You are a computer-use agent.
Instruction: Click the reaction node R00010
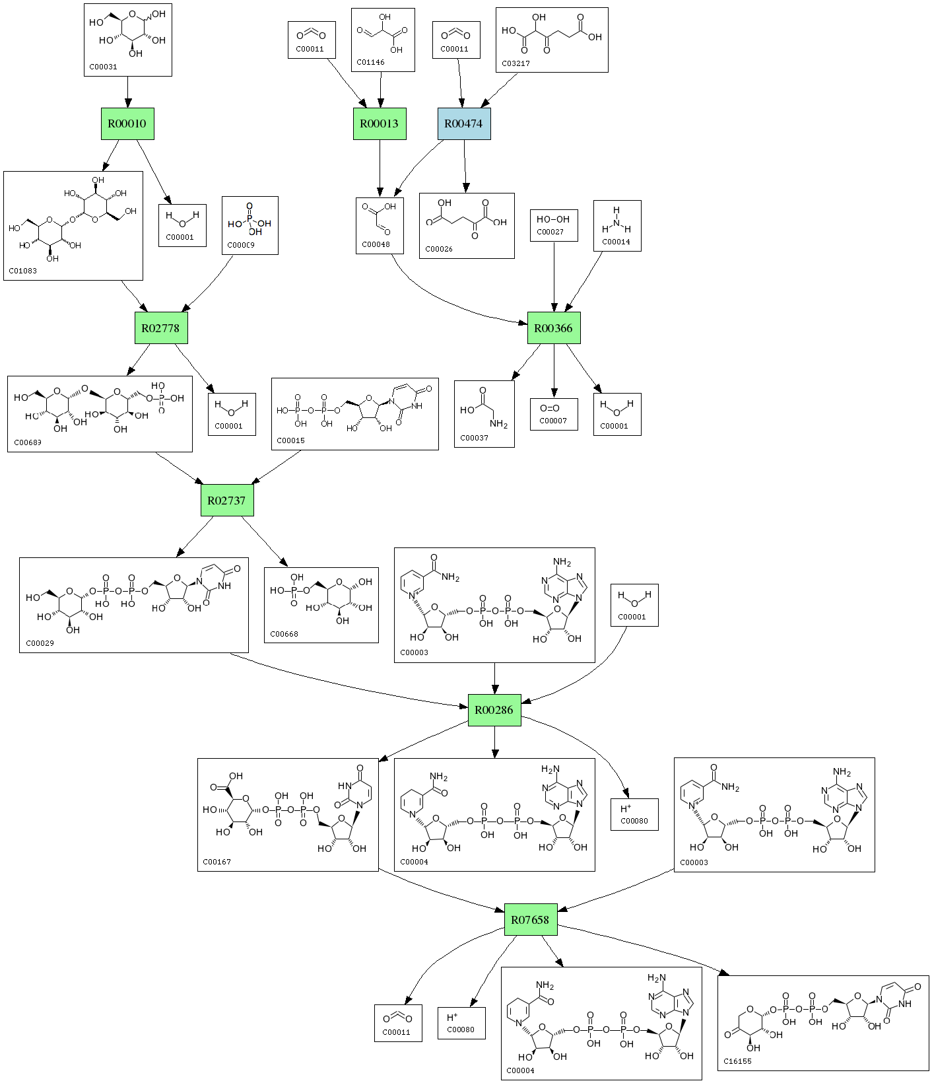point(127,123)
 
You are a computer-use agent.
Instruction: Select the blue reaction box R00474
point(463,123)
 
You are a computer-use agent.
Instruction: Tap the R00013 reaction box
point(379,123)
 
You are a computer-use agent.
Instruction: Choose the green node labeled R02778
point(160,328)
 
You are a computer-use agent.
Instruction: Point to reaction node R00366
point(553,328)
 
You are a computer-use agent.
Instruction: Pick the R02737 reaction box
point(226,501)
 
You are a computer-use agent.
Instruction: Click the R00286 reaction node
point(494,711)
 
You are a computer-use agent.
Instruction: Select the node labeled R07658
point(530,920)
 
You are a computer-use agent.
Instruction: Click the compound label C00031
point(103,67)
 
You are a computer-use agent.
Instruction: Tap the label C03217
point(516,63)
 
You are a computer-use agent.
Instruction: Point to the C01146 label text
point(370,62)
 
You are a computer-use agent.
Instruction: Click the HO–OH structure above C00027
point(553,219)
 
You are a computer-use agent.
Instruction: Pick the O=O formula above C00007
point(550,408)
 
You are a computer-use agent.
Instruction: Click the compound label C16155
point(737,1061)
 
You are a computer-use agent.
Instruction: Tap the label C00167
point(216,862)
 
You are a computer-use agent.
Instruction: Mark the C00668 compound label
point(284,634)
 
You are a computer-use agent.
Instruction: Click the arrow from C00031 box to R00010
point(127,92)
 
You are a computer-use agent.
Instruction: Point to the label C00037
point(474,438)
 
